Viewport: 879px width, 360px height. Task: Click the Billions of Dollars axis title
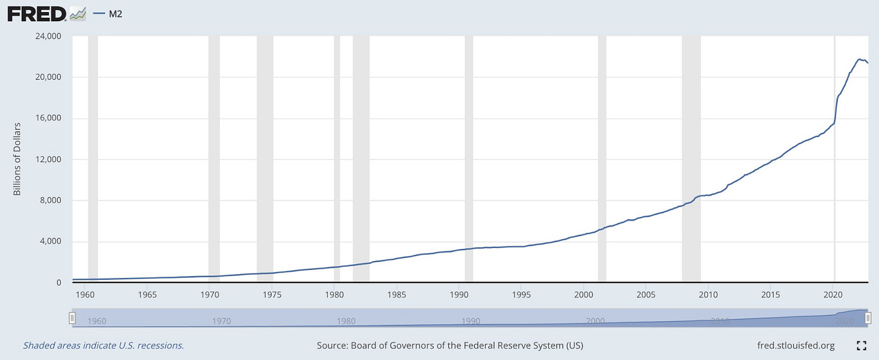coord(17,159)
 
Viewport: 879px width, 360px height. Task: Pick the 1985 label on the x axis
coord(396,295)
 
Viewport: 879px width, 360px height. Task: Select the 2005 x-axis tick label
coord(645,295)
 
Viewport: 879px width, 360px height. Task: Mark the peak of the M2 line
coord(859,59)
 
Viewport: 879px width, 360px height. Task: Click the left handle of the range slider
coord(72,318)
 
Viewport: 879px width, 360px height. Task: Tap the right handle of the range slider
coord(868,318)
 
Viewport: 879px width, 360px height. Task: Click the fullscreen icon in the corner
coord(861,346)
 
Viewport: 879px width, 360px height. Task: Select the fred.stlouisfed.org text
coord(796,346)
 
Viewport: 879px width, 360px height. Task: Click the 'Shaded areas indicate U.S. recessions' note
coord(103,346)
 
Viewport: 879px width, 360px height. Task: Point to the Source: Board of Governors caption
coord(450,346)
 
